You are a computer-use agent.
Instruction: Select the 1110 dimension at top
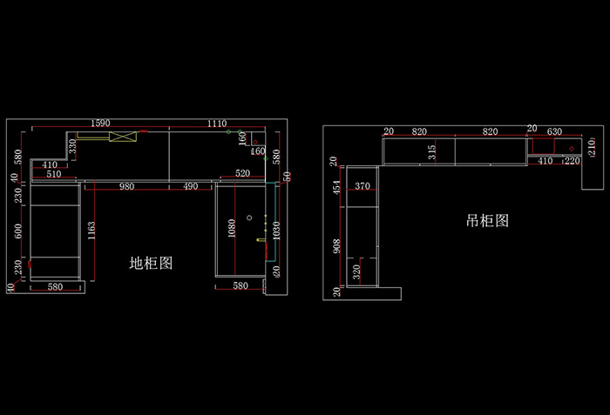click(x=217, y=124)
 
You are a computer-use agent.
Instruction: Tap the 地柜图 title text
click(x=152, y=263)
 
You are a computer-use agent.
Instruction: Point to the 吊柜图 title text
click(x=487, y=221)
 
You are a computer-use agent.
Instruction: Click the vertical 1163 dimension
click(x=91, y=231)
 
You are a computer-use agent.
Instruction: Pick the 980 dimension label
click(x=126, y=186)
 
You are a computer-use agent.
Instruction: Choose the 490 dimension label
click(x=190, y=186)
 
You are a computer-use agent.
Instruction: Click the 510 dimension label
click(x=54, y=175)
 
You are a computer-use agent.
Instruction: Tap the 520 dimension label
click(x=242, y=175)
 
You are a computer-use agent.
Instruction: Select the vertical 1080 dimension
click(x=232, y=228)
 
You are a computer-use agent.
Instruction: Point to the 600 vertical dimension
click(x=17, y=231)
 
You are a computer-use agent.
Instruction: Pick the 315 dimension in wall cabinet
click(x=432, y=151)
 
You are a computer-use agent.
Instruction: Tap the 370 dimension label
click(x=363, y=186)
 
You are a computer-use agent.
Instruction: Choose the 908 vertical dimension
click(x=336, y=246)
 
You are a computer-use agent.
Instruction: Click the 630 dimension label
click(x=554, y=131)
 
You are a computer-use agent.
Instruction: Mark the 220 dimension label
click(x=573, y=161)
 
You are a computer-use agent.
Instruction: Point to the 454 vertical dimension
click(x=336, y=188)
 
